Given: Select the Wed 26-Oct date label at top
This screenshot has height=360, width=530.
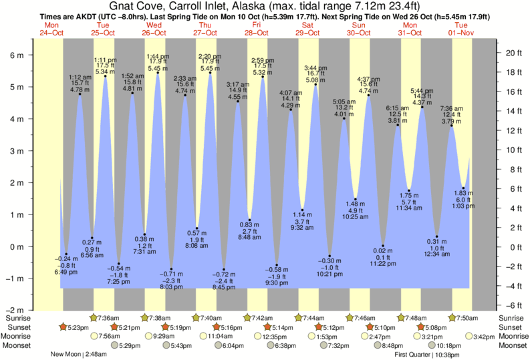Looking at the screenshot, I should click(x=154, y=28).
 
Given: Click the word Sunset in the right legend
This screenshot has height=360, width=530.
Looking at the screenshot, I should click(x=511, y=327).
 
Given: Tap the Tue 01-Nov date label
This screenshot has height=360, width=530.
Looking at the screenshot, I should click(x=462, y=28).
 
